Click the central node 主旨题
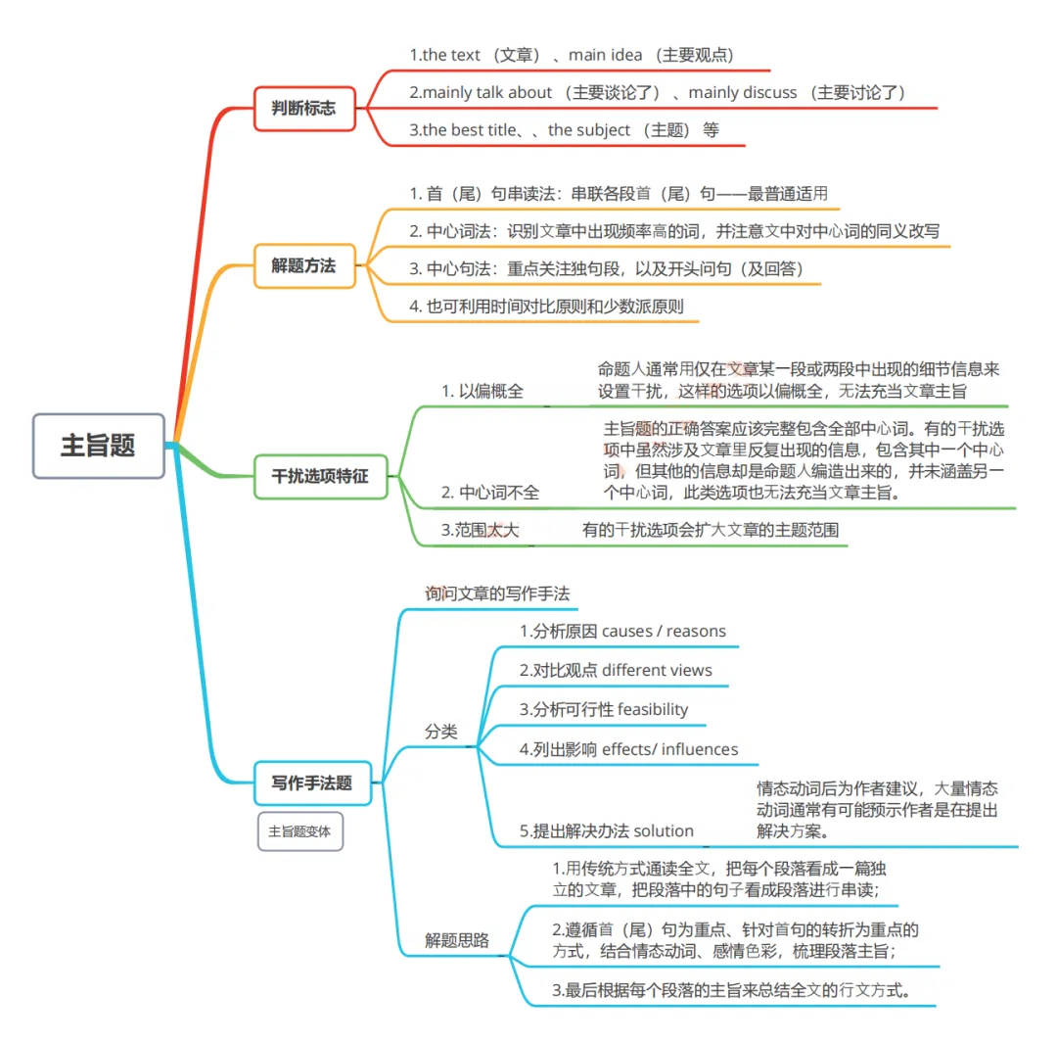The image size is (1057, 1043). (x=98, y=446)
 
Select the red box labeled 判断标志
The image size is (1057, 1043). (x=303, y=108)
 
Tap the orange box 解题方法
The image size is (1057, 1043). (x=303, y=264)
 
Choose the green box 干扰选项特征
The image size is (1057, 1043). (x=320, y=477)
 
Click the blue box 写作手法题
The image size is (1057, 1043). (x=312, y=782)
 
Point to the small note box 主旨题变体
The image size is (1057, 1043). (x=299, y=831)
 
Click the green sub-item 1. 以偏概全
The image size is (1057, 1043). (x=482, y=392)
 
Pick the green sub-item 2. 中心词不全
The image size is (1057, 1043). (x=489, y=493)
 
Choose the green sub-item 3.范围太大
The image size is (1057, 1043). (x=480, y=531)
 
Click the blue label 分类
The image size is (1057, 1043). (x=440, y=732)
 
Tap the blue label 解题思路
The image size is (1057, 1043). (x=456, y=940)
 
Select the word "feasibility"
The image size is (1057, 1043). (x=653, y=709)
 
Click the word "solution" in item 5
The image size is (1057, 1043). (x=664, y=831)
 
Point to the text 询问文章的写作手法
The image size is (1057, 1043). (x=497, y=593)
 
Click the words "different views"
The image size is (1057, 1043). (x=657, y=671)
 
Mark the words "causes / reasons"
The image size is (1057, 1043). (x=664, y=632)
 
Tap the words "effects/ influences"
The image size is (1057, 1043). (x=669, y=750)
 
